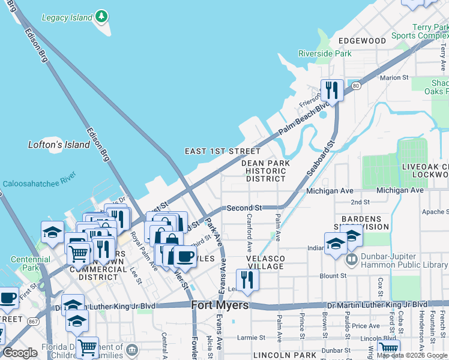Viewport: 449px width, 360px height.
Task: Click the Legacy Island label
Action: [x=67, y=17]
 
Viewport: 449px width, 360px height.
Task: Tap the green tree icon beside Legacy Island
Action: [x=102, y=16]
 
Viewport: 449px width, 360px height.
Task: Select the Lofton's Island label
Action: [x=59, y=145]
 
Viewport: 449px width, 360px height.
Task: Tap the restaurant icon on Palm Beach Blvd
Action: [x=331, y=91]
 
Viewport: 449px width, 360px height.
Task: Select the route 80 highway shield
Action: [x=356, y=86]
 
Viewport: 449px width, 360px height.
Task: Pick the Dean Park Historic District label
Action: [x=265, y=170]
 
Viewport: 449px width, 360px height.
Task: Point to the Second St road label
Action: [x=244, y=208]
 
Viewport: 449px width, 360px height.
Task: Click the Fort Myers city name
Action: [x=220, y=305]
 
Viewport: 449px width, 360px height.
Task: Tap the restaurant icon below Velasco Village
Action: [x=247, y=280]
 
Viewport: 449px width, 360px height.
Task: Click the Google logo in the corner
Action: [x=20, y=353]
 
